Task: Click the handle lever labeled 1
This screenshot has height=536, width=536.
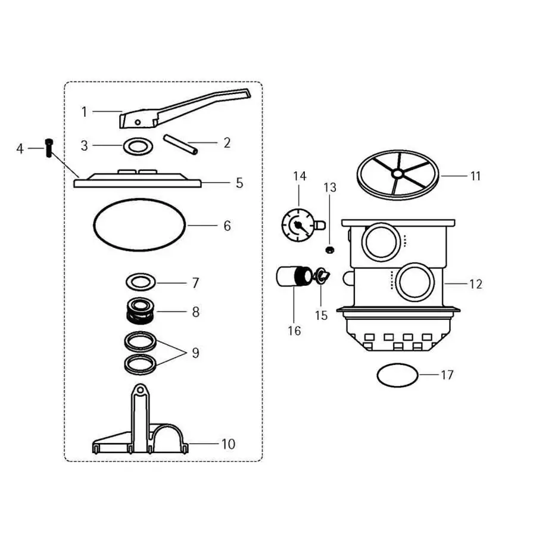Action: coord(179,110)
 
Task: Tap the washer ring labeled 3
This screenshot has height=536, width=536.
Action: coord(136,146)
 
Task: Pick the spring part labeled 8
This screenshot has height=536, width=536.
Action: coord(141,311)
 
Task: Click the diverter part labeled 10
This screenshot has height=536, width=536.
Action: coord(140,429)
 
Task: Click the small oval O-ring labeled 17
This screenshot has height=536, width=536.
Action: coord(397,375)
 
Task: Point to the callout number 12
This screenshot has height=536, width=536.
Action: coord(475,284)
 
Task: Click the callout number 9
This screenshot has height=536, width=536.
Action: coord(195,353)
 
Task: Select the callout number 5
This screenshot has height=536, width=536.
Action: coord(239,183)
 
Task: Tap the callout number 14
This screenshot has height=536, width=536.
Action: coord(300,176)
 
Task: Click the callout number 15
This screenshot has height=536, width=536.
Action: coord(321,315)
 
